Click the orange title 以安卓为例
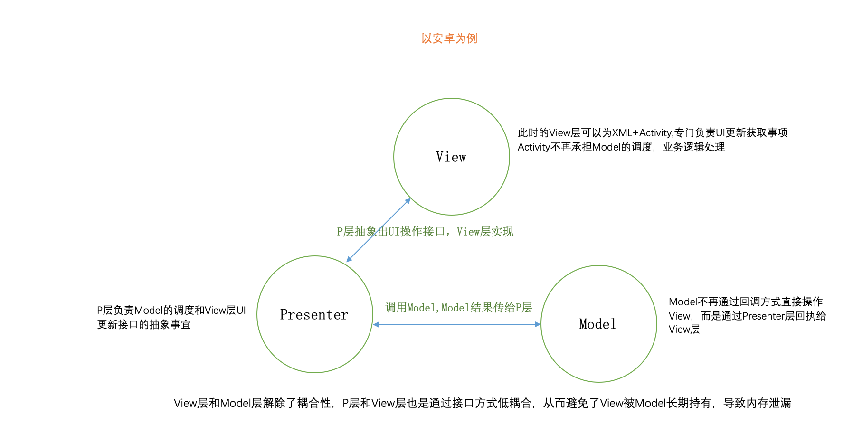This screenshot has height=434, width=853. (x=449, y=38)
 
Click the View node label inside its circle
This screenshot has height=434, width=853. (x=451, y=157)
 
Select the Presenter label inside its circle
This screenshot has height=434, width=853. (x=314, y=315)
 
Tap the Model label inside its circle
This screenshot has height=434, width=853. (x=598, y=324)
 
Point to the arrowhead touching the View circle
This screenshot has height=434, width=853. (x=408, y=201)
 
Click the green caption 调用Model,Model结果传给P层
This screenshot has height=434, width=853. (x=458, y=308)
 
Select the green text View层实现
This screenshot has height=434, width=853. (x=485, y=232)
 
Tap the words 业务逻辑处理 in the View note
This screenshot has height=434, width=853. (x=694, y=147)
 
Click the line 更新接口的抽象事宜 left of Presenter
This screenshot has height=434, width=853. (x=144, y=325)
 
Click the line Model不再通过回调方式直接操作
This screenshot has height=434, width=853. (x=745, y=302)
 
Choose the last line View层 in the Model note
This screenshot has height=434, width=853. (x=684, y=330)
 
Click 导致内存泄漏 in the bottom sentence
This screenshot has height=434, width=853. (x=757, y=403)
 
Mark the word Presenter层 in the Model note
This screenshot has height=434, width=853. (x=768, y=316)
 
